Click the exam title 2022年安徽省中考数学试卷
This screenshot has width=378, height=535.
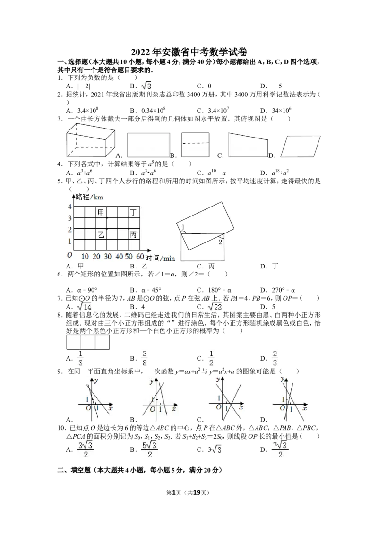[x=189, y=52]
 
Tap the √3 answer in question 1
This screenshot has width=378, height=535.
[x=146, y=85]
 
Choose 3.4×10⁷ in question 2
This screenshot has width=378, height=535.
[x=218, y=110]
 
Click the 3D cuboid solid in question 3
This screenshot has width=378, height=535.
[x=90, y=140]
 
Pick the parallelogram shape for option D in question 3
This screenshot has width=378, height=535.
[x=300, y=146]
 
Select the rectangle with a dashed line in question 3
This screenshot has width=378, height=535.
[x=195, y=145]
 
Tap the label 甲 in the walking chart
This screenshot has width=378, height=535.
[x=101, y=213]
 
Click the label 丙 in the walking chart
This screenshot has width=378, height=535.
[x=133, y=234]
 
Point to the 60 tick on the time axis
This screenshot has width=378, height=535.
[x=140, y=256]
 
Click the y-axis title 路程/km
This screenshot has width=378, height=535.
[x=89, y=197]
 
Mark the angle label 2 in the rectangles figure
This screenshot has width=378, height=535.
[x=220, y=242]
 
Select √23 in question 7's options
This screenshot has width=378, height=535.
[x=215, y=306]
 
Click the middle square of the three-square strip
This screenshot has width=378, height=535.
[x=88, y=342]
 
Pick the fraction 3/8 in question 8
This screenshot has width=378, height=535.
[x=144, y=358]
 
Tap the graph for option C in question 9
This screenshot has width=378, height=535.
[x=226, y=398]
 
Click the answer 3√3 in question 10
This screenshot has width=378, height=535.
[x=215, y=449]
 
